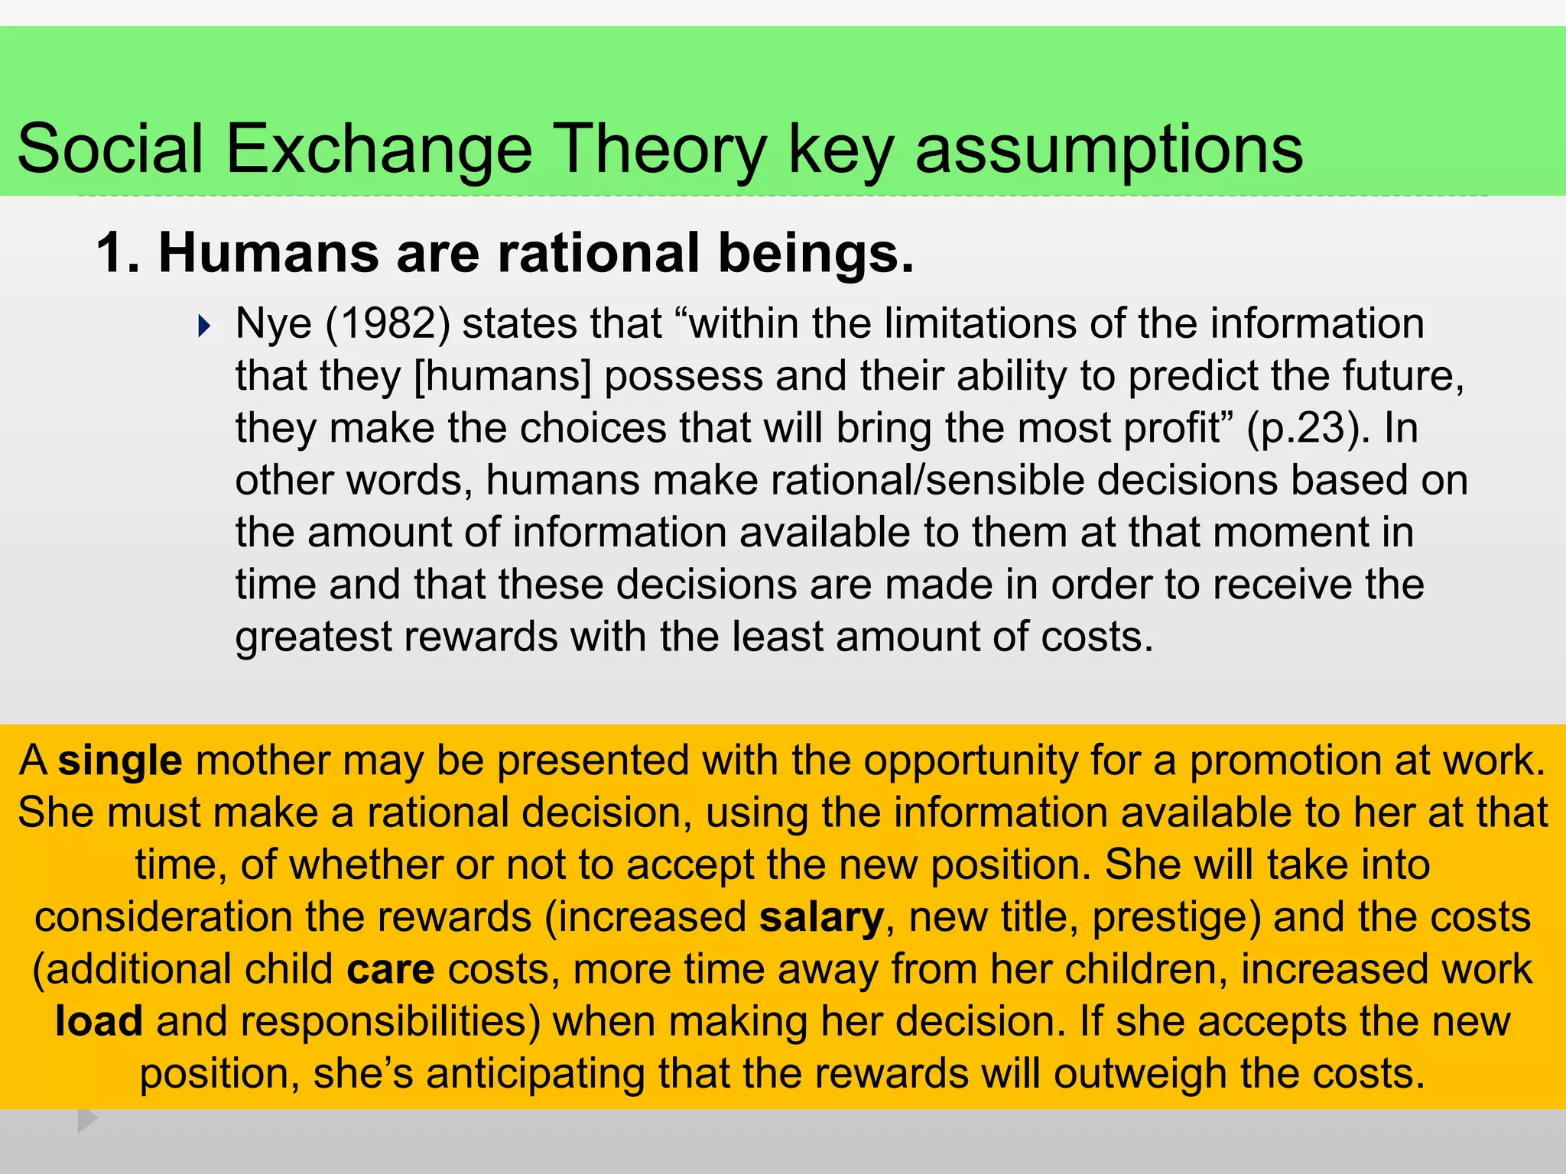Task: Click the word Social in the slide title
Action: tap(110, 148)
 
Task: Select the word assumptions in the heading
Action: tap(1109, 148)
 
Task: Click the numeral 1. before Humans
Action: tap(118, 253)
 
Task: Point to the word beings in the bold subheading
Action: tap(815, 253)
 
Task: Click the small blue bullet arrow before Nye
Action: tap(203, 326)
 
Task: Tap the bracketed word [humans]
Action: tap(502, 376)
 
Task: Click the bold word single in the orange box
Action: tap(120, 761)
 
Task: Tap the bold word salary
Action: tap(821, 917)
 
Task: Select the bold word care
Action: tap(391, 969)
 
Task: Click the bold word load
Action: tap(99, 1021)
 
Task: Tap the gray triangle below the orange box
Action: tap(86, 1120)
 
